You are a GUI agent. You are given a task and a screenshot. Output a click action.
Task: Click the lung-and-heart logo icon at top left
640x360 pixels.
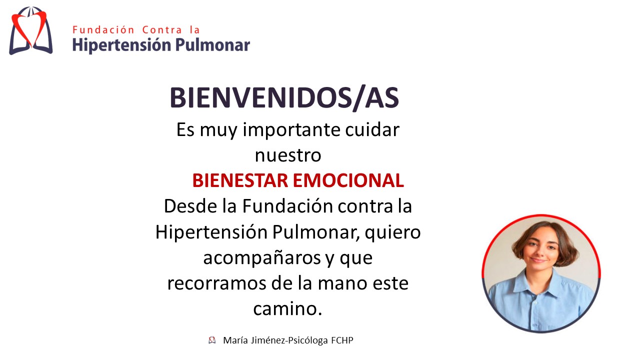pos(31,30)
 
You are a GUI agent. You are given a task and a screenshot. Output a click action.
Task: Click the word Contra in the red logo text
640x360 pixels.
pos(162,29)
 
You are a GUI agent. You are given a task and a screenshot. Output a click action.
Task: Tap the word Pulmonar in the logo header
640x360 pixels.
pos(212,45)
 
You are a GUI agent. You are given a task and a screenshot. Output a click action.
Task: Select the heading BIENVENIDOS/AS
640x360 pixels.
pos(284,97)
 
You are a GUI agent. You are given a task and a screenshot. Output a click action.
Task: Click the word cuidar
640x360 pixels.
pos(372,129)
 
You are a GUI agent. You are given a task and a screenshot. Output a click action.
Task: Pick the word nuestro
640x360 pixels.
pos(288,155)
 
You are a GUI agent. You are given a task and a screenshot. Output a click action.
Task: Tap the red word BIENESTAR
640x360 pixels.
pos(240,180)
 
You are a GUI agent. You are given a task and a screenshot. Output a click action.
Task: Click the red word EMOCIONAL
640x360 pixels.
pos(348,180)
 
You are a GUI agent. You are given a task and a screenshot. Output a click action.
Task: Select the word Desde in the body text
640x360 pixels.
pos(190,206)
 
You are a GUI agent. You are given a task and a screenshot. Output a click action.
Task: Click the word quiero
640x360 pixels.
pos(392,232)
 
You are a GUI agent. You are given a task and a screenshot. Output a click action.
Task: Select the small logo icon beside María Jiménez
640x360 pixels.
pos(212,340)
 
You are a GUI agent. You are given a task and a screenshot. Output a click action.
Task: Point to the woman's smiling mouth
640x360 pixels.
pos(538,260)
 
